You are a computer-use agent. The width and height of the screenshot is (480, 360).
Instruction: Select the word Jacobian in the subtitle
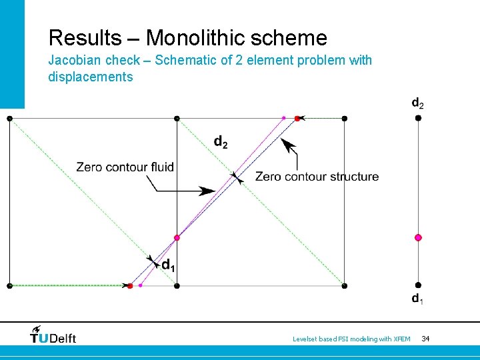75,61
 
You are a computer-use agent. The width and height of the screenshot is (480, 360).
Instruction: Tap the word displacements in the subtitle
91,77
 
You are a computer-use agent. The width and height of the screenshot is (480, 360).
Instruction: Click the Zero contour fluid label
125,167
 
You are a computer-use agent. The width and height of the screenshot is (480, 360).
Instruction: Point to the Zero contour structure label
317,177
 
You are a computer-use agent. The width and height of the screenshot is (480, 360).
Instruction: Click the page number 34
425,339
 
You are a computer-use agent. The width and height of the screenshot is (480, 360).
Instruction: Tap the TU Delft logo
53,335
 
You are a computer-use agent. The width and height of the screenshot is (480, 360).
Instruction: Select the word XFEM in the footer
401,339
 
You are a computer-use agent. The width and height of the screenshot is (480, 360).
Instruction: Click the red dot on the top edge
297,118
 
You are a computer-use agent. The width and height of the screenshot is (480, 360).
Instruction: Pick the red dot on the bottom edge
130,285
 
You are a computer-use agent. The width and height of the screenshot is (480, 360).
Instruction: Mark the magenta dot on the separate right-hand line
418,237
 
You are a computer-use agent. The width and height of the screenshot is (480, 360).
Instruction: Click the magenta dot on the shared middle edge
177,237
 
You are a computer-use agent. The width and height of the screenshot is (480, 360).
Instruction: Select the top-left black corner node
9,118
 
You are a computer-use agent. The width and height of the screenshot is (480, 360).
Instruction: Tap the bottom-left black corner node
9,285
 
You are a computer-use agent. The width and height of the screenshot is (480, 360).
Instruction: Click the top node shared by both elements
177,118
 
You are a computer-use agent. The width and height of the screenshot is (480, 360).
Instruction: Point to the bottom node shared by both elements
177,285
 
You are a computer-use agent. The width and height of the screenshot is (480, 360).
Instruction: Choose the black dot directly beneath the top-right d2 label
418,118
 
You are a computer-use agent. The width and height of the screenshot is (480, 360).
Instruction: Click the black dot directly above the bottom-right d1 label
418,285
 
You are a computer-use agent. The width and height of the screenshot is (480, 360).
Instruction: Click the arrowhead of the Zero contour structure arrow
285,142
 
